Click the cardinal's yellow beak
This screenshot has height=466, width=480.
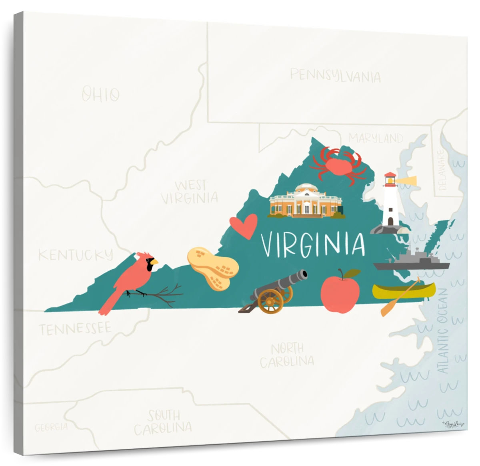click(x=154, y=262)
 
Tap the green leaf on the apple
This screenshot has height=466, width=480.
click(x=352, y=273)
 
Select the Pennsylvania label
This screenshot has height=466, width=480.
click(x=335, y=76)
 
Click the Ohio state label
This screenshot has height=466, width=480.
click(x=100, y=95)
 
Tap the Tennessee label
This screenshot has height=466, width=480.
click(x=75, y=329)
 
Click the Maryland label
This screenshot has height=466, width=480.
click(x=376, y=139)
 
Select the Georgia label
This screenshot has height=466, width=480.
click(x=51, y=427)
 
